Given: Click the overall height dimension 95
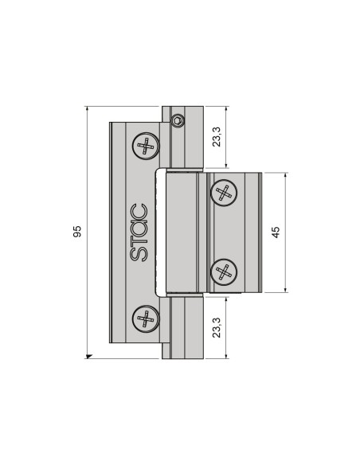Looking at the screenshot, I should click(x=77, y=232).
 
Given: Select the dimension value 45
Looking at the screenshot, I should click(x=276, y=232).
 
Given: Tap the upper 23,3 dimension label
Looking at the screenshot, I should click(x=217, y=137).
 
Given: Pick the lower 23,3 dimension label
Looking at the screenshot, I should click(x=217, y=326).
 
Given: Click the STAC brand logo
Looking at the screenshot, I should click(x=138, y=232).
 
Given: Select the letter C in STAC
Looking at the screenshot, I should click(x=138, y=211).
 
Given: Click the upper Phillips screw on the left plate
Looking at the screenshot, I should click(x=145, y=147).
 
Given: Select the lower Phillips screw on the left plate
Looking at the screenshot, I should click(x=145, y=318).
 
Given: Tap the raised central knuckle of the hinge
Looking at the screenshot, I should click(x=182, y=232).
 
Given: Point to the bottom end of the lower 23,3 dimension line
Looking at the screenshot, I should click(x=227, y=358).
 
